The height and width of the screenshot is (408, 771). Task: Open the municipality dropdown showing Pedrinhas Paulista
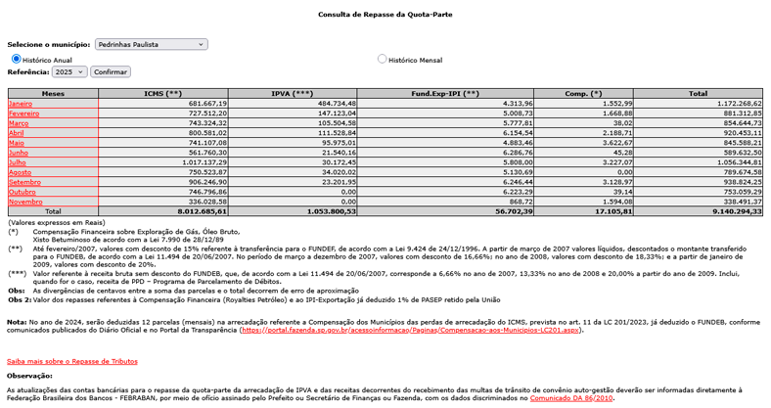tap(152, 44)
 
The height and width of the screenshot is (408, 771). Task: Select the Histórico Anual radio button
tap(17, 59)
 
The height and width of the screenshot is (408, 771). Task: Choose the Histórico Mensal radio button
tap(383, 59)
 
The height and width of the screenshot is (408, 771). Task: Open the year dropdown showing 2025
tap(70, 71)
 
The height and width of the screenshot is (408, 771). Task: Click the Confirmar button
tap(111, 71)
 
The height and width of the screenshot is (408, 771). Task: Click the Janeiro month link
tap(21, 103)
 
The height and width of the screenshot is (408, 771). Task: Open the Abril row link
tap(17, 133)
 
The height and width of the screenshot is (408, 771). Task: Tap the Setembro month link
tap(24, 182)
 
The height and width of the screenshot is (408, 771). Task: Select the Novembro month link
tap(25, 202)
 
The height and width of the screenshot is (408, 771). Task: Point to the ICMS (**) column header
tap(163, 93)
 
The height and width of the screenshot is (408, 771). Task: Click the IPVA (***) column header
tap(293, 93)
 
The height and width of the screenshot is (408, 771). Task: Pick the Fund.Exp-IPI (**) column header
tap(446, 93)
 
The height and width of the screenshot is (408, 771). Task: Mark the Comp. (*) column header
tap(584, 93)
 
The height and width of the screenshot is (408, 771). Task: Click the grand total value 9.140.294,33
tap(730, 211)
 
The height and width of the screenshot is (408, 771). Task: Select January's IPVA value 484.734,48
tap(331, 103)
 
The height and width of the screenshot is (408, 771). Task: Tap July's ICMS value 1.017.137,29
tap(199, 162)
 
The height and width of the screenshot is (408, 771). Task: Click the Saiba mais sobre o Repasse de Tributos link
tap(72, 361)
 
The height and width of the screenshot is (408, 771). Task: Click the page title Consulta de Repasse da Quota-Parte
tap(385, 15)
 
